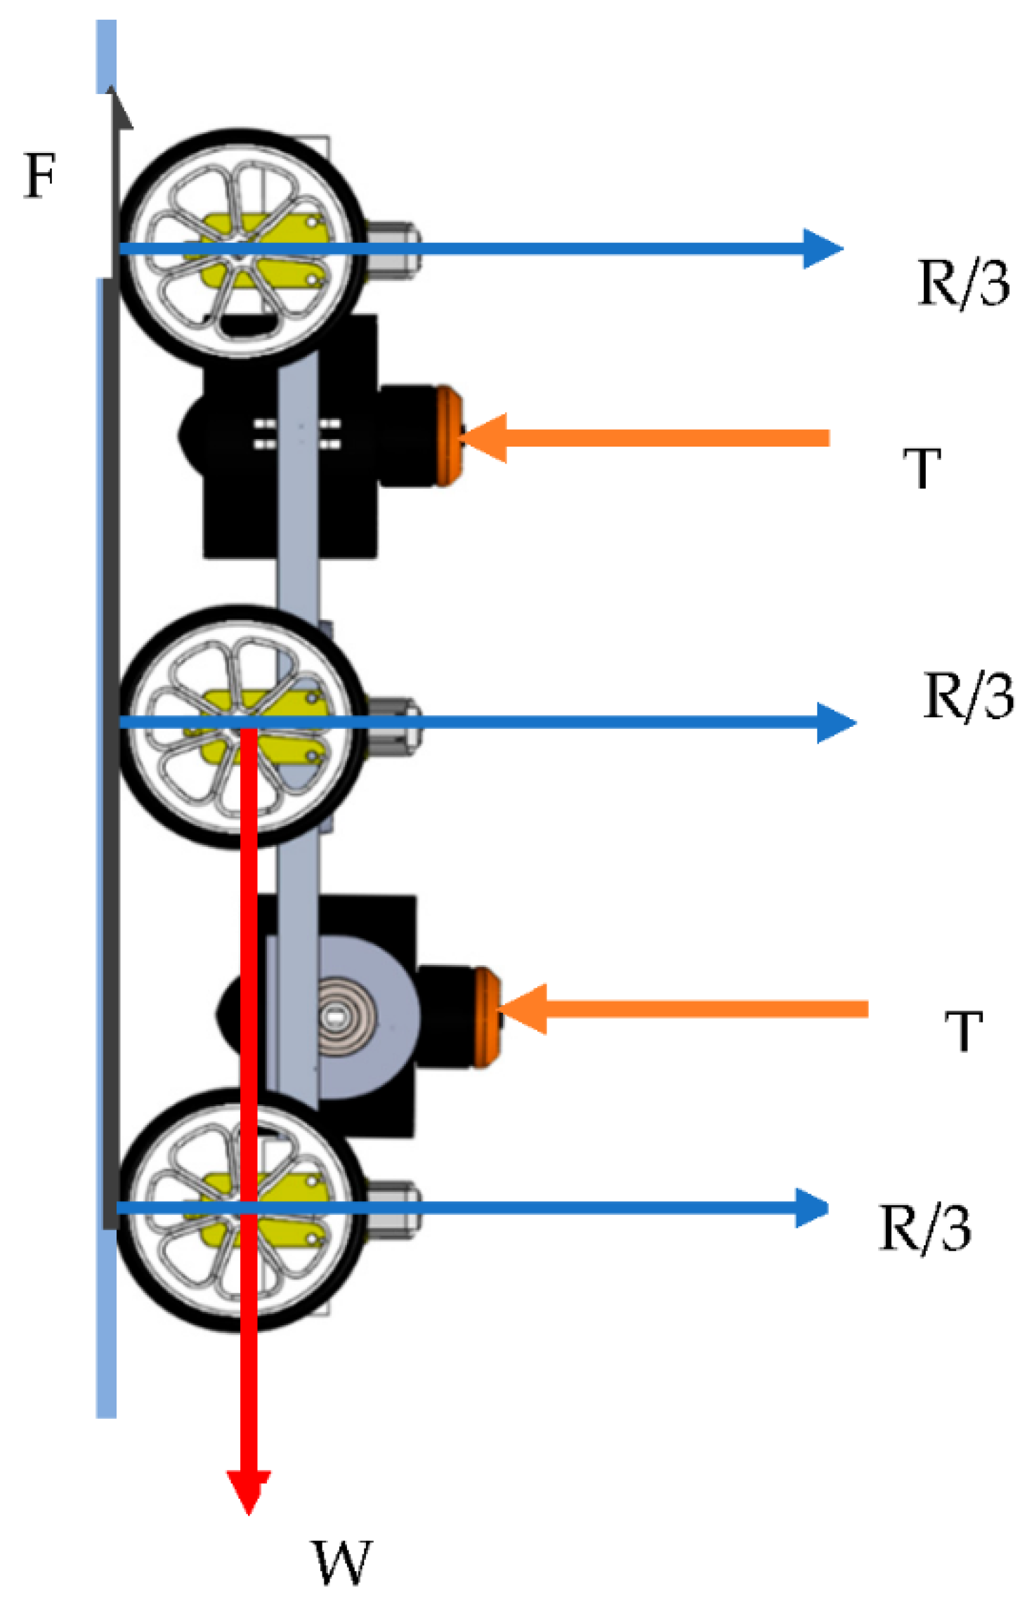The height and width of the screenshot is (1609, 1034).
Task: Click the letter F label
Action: pyautogui.click(x=40, y=176)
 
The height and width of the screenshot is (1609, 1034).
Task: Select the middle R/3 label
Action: pyautogui.click(x=968, y=696)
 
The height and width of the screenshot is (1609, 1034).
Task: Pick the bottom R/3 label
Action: pyautogui.click(x=925, y=1228)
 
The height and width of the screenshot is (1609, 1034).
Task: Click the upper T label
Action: pyautogui.click(x=922, y=468)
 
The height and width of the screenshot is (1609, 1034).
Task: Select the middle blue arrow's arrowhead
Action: pyautogui.click(x=836, y=723)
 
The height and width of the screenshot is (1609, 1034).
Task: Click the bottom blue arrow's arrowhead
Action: pyautogui.click(x=811, y=1208)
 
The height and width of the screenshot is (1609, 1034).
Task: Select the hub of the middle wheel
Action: pyautogui.click(x=240, y=723)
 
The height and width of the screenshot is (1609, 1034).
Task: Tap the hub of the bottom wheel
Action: pyautogui.click(x=240, y=1208)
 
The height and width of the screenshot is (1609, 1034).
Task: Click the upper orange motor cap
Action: pyautogui.click(x=450, y=436)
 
